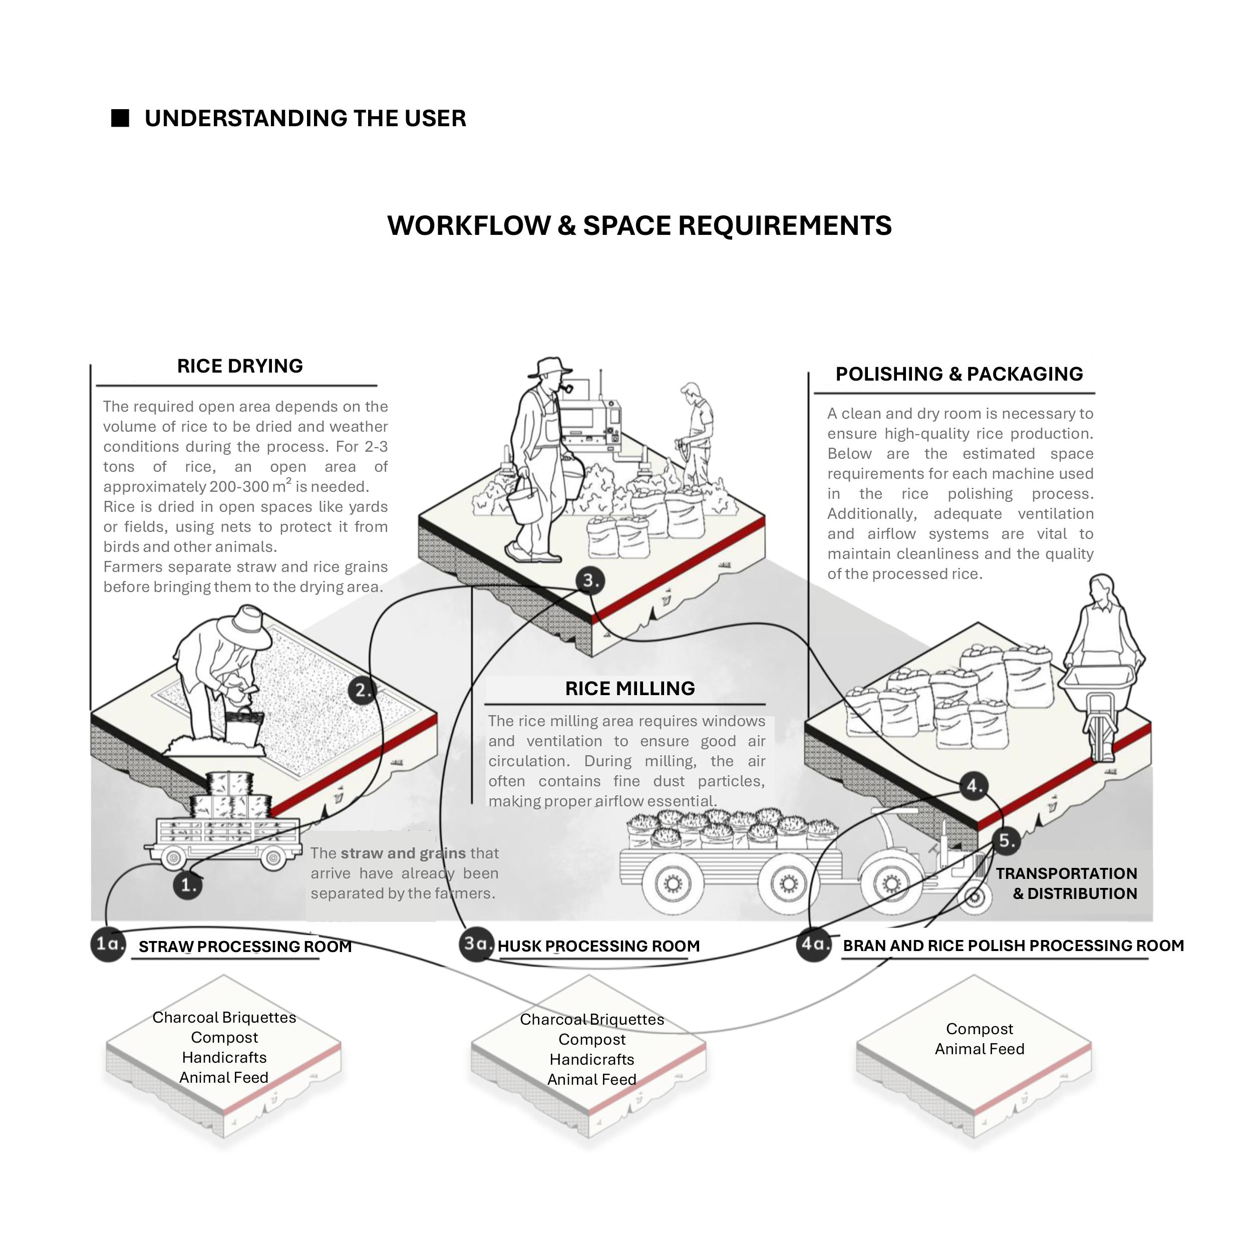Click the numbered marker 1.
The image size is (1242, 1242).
[x=188, y=885]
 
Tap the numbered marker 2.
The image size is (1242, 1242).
[x=363, y=691]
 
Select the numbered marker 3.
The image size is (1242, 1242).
[x=590, y=580]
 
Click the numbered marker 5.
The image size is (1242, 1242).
[x=1006, y=840]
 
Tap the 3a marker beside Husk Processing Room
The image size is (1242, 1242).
[x=476, y=944]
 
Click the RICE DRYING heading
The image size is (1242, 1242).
[x=240, y=366]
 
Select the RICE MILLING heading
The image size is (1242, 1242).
[x=630, y=689]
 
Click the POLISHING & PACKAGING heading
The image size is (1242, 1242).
[x=959, y=374]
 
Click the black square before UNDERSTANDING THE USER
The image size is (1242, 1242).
[x=120, y=118]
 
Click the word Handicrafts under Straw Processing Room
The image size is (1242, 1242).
[x=224, y=1058]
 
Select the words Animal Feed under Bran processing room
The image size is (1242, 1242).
[x=979, y=1049]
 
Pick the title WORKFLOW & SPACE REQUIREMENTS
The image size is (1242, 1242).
[x=639, y=226]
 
